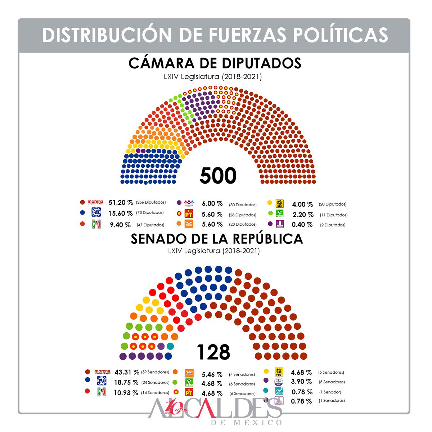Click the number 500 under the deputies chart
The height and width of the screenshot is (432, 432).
click(x=218, y=176)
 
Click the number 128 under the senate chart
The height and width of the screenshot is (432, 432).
click(x=213, y=352)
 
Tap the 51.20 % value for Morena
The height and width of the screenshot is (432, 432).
click(x=121, y=203)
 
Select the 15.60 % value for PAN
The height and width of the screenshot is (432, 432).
click(x=121, y=213)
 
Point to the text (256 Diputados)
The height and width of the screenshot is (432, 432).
click(x=151, y=202)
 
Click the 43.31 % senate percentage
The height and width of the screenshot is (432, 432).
click(x=127, y=372)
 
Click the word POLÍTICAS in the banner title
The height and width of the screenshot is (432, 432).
click(x=340, y=35)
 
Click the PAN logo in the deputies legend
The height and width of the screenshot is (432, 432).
click(x=96, y=212)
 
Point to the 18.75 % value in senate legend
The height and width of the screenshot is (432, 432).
click(x=126, y=382)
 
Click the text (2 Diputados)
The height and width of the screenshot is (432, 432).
click(x=333, y=225)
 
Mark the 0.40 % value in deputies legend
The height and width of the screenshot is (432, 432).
click(x=302, y=225)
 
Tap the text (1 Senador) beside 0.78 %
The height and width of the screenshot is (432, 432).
click(x=330, y=392)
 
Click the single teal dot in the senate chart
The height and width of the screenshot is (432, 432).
click(x=170, y=346)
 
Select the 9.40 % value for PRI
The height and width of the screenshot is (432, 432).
click(x=120, y=225)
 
